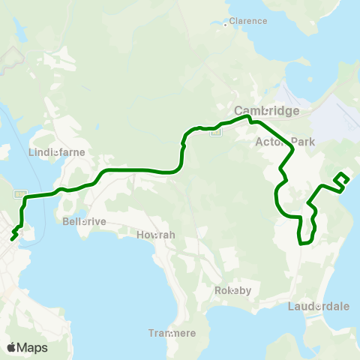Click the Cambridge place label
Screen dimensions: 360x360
(x=267, y=110)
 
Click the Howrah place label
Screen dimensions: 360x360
(x=156, y=235)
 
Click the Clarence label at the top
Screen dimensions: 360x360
(x=247, y=21)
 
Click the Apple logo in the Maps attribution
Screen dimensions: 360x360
(x=11, y=347)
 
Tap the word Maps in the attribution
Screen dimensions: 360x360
(x=32, y=347)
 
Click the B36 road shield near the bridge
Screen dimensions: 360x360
(x=18, y=192)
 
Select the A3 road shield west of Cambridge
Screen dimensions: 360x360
(x=216, y=133)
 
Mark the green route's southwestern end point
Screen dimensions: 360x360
(x=13, y=239)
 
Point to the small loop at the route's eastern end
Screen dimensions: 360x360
(x=342, y=178)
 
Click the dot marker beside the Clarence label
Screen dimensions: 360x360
(x=226, y=25)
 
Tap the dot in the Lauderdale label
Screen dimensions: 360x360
(x=319, y=306)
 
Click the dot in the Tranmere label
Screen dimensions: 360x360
(x=172, y=334)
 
